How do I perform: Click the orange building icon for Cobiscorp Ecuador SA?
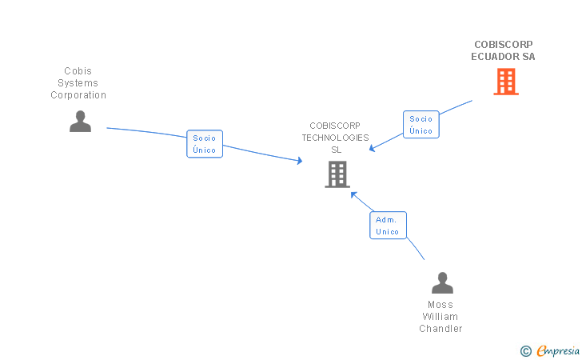tap(505, 82)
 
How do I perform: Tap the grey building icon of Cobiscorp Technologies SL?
tap(337, 174)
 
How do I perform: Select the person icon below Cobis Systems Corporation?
tap(80, 122)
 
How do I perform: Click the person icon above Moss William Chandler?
tap(442, 283)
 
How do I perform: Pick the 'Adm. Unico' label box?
tap(389, 225)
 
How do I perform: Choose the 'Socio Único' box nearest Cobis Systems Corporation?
tap(205, 144)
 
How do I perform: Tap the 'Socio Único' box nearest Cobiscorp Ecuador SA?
tap(421, 124)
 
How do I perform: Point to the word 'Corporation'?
tap(78, 95)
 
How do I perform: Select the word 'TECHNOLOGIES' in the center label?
tap(335, 138)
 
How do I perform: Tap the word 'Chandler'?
tap(440, 329)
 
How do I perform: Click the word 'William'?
tap(440, 317)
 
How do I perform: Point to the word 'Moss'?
tap(440, 305)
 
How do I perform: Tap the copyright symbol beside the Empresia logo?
tap(525, 350)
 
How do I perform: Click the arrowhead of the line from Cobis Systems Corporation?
tap(300, 161)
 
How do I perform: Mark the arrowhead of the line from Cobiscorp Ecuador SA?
tap(372, 148)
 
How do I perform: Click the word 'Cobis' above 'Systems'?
tap(78, 71)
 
